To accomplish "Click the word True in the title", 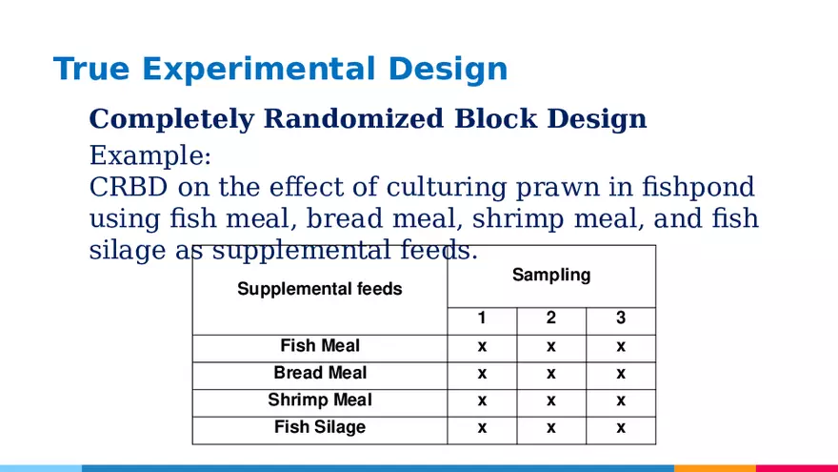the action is coord(91,69).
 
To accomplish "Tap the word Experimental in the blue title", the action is coord(258,69).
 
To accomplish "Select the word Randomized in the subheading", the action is coord(353,118).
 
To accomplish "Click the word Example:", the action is coord(150,155).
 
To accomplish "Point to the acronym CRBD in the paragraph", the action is coord(129,187).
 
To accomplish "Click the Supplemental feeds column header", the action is coord(320,289).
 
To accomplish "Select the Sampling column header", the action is coord(551,275).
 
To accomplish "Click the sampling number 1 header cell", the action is coord(482,318).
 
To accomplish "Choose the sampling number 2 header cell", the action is coord(551,318).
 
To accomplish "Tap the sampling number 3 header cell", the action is coord(621,318).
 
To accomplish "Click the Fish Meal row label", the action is coord(320,346).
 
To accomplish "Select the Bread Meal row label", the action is coord(320,373).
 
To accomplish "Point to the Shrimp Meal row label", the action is coord(320,400).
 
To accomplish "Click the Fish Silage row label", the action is coord(320,427).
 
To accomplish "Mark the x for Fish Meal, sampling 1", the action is coord(482,347).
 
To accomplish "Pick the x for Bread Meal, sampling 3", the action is coord(621,374).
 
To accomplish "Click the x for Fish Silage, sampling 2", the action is coord(551,427).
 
